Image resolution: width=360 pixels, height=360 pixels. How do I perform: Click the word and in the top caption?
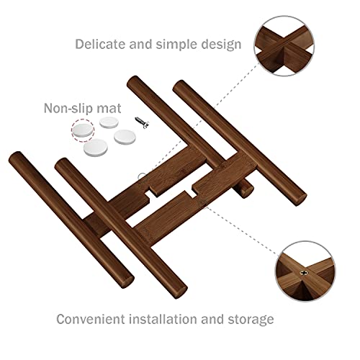tap(141, 44)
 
